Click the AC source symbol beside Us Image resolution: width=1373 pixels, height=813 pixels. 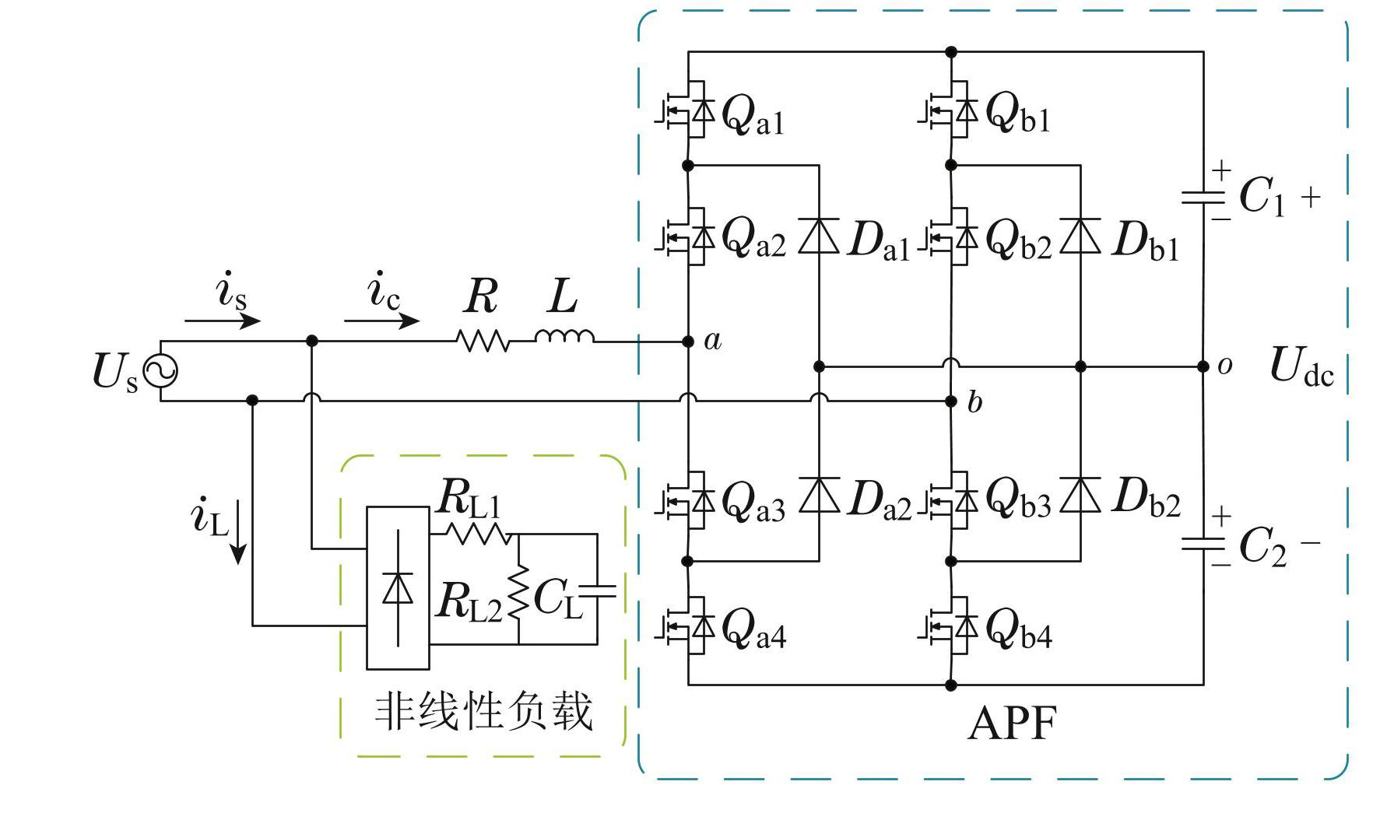[x=161, y=371]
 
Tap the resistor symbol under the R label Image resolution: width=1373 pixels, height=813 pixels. [x=483, y=341]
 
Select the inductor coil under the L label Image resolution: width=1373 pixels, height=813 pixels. [x=564, y=336]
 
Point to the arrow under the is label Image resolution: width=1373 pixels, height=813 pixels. [x=223, y=321]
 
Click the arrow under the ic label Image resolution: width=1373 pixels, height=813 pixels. [x=382, y=320]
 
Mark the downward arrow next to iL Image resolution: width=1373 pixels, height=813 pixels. [x=238, y=533]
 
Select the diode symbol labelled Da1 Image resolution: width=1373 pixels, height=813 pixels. [x=819, y=237]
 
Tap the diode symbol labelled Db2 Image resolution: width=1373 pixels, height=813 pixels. [x=1080, y=495]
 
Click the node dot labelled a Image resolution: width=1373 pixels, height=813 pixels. [x=688, y=342]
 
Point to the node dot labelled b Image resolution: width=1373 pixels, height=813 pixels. [x=950, y=401]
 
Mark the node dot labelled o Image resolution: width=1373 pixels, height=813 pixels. [x=1203, y=366]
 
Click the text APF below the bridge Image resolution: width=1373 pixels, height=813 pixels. [x=1012, y=724]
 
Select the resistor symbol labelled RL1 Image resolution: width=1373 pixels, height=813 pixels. [x=476, y=534]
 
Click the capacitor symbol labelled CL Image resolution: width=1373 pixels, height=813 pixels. [x=598, y=590]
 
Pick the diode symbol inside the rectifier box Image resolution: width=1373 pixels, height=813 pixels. [x=398, y=588]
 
